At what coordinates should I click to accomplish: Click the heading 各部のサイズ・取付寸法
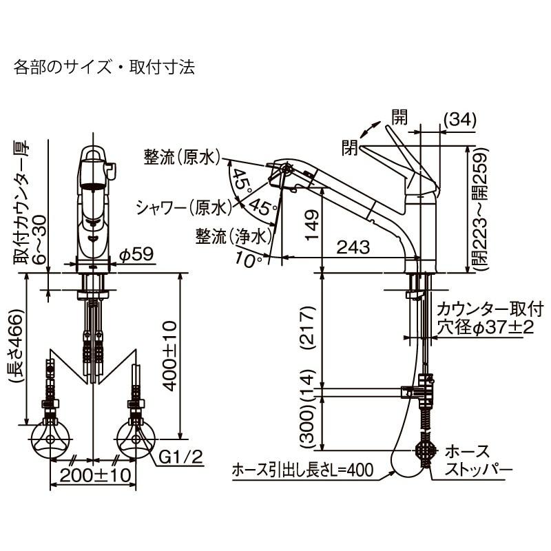(104, 67)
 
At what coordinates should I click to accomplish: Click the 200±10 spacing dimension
(94, 475)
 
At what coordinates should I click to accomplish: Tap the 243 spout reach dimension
(353, 246)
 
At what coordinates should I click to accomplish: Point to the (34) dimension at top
(459, 119)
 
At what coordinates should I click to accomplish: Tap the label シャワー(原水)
(182, 207)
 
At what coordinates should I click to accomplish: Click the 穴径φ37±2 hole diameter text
(485, 328)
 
